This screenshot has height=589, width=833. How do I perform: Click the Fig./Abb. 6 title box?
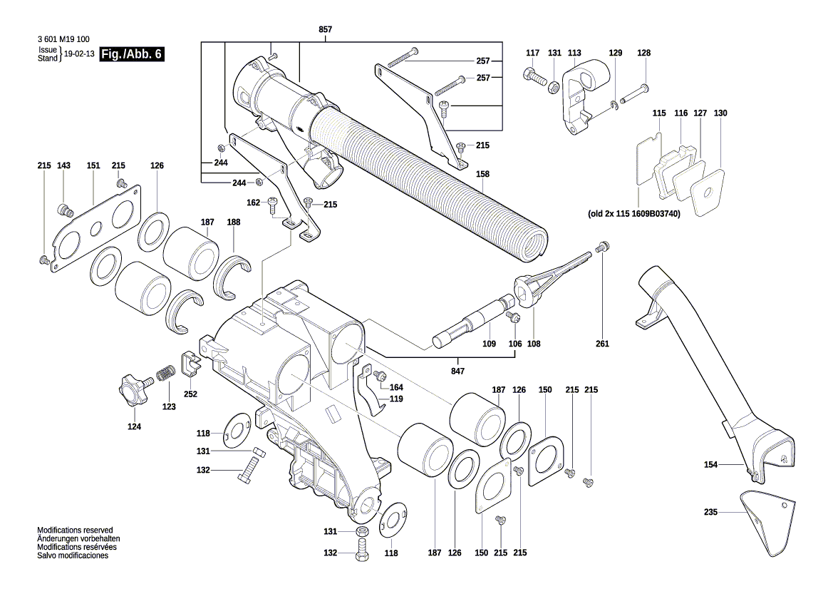click(132, 54)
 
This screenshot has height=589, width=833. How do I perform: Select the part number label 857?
click(325, 29)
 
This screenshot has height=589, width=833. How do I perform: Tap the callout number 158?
click(482, 173)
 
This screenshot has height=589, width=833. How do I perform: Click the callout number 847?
click(457, 372)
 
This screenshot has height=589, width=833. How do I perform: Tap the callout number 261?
click(603, 344)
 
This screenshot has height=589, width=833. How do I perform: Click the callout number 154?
click(710, 465)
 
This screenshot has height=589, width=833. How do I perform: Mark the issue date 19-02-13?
click(78, 54)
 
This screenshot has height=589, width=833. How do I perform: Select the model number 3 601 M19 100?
click(64, 40)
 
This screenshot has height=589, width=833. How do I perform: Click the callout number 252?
click(190, 394)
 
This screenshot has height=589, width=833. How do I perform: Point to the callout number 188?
click(233, 222)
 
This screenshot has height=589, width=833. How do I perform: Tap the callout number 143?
click(63, 165)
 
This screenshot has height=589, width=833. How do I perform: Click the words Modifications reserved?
click(75, 531)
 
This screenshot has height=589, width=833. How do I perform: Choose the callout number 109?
click(489, 344)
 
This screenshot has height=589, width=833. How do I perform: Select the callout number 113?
click(574, 53)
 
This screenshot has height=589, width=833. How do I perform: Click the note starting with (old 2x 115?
click(633, 213)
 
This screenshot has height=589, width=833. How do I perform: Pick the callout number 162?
click(254, 203)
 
